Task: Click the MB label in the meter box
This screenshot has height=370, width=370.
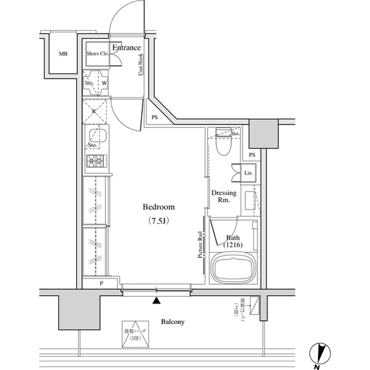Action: point(62,54)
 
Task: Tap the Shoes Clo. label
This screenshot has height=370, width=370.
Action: point(98,54)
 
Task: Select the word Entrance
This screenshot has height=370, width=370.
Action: point(126,47)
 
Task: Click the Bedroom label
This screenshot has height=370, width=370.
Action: point(158,207)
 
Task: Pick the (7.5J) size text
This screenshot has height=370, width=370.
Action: point(158,221)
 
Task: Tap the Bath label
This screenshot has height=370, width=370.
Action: point(233,237)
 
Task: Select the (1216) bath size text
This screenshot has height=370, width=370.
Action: point(233,246)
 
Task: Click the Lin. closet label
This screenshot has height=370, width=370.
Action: point(248,173)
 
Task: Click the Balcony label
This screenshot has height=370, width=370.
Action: point(173,321)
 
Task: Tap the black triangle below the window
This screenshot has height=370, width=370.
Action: point(156,301)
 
